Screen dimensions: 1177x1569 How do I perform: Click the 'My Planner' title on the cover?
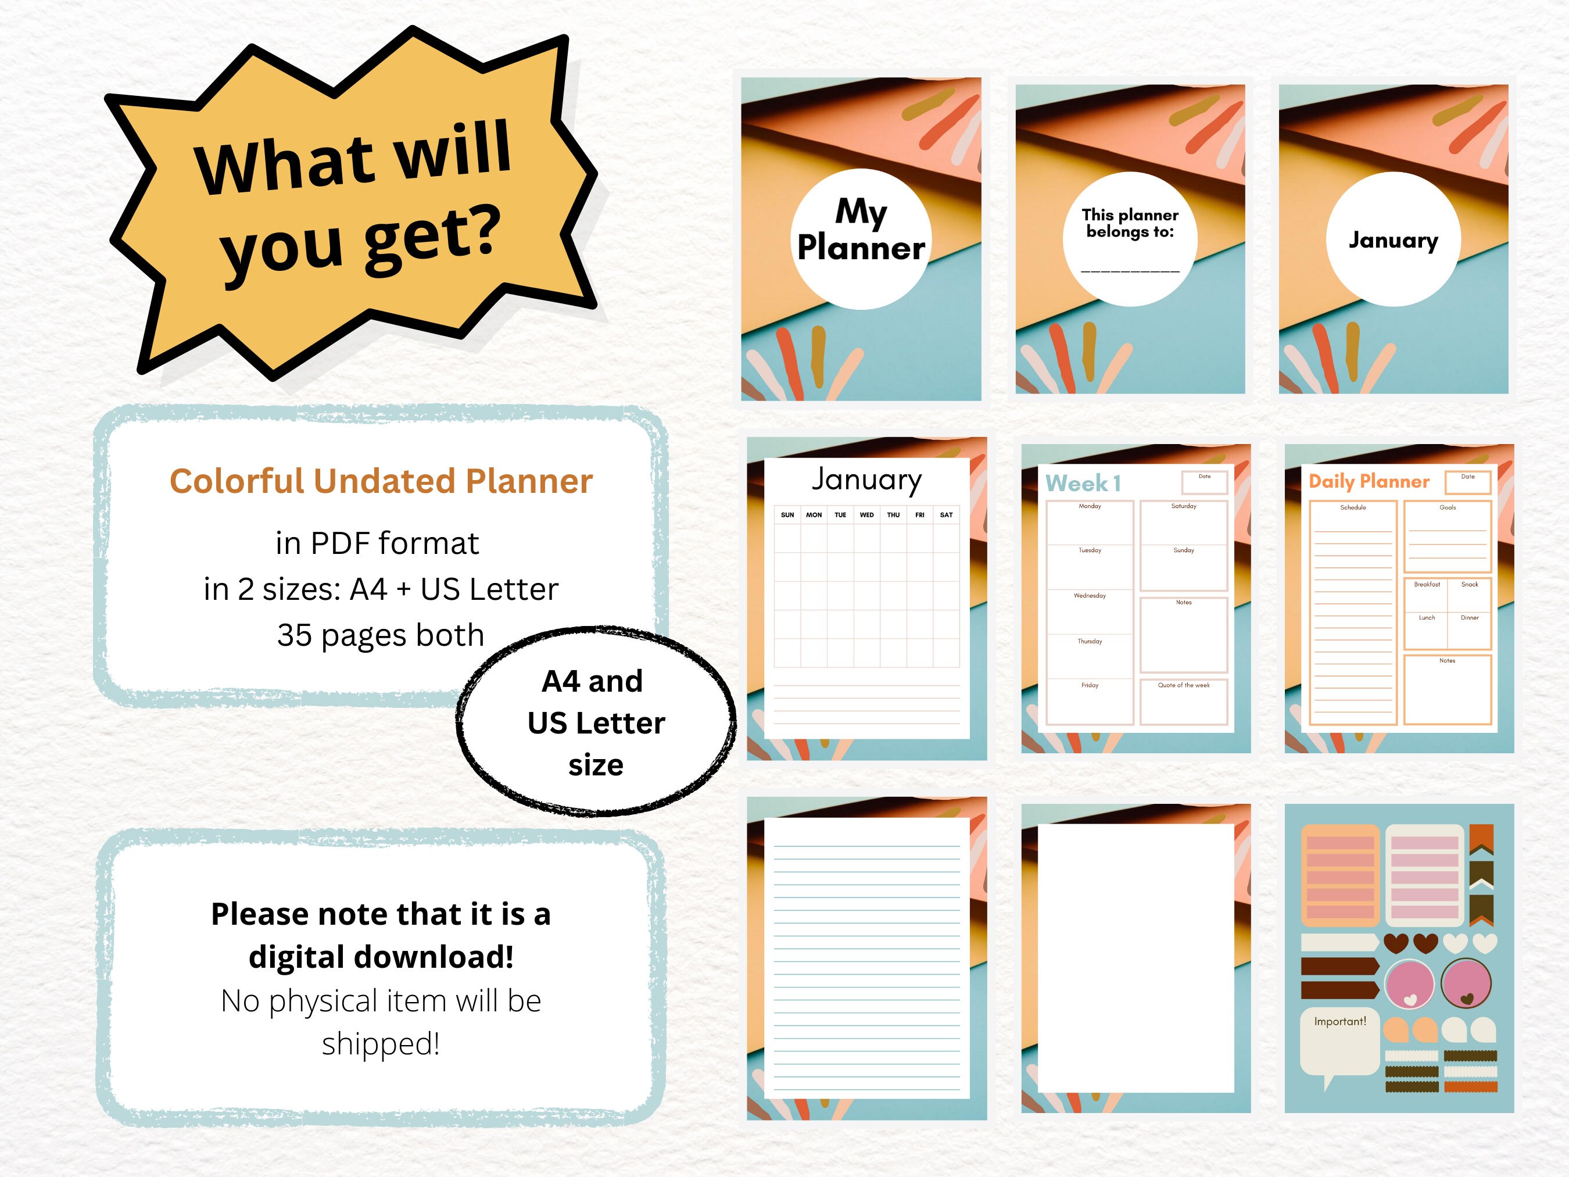pyautogui.click(x=861, y=230)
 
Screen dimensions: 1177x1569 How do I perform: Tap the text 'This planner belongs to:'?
pyautogui.click(x=1130, y=223)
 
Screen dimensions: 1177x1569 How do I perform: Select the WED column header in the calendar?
pyautogui.click(x=867, y=515)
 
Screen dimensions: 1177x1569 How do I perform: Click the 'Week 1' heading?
pyautogui.click(x=1083, y=483)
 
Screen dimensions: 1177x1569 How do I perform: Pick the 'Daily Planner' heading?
pyautogui.click(x=1369, y=482)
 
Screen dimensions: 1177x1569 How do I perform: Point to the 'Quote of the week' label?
pyautogui.click(x=1183, y=685)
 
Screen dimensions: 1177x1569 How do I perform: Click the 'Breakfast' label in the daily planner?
pyautogui.click(x=1427, y=585)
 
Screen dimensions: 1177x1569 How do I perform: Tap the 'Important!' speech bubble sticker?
pyautogui.click(x=1339, y=1022)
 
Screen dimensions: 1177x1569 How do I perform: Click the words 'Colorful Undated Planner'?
pyautogui.click(x=381, y=481)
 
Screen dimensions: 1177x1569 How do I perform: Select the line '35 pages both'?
pyautogui.click(x=381, y=635)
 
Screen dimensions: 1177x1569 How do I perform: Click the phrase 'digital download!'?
pyautogui.click(x=381, y=957)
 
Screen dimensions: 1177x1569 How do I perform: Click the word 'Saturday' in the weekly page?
pyautogui.click(x=1183, y=507)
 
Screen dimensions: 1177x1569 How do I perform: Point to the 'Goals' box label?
pyautogui.click(x=1447, y=508)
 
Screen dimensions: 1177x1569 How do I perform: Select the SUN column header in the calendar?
pyautogui.click(x=787, y=515)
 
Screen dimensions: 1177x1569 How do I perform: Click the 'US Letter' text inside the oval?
pyautogui.click(x=596, y=723)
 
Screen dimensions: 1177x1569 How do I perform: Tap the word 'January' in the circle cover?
pyautogui.click(x=1393, y=240)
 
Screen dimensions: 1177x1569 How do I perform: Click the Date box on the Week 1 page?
pyautogui.click(x=1205, y=482)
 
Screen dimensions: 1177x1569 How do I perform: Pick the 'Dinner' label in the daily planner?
pyautogui.click(x=1469, y=618)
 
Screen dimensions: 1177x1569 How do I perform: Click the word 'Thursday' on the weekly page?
pyautogui.click(x=1090, y=641)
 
